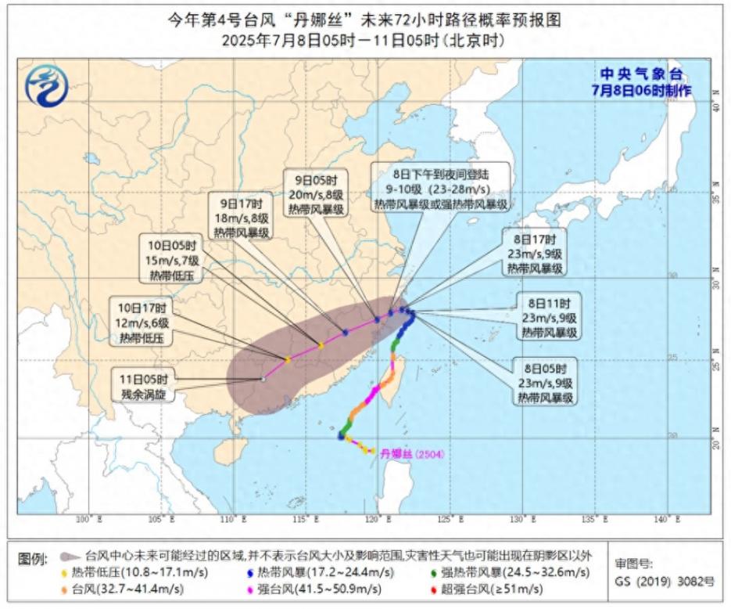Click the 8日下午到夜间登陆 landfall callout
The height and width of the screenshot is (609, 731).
(440, 187)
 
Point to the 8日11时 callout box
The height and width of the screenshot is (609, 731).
(548, 317)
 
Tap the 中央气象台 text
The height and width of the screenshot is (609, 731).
(640, 74)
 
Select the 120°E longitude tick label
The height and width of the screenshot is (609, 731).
(376, 519)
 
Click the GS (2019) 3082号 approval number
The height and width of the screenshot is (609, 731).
(665, 582)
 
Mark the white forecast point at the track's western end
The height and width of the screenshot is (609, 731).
(263, 380)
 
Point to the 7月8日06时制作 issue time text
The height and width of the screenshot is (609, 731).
(641, 90)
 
